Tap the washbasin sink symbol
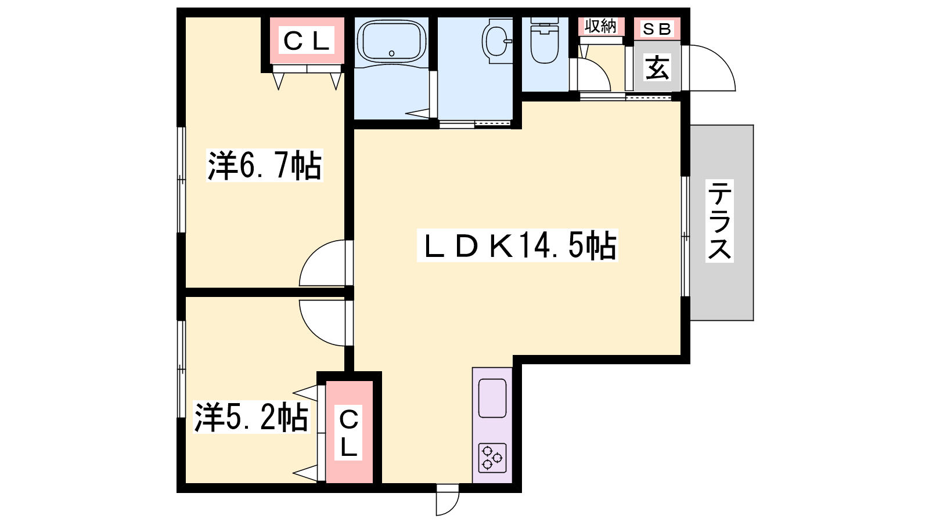[x=497, y=41]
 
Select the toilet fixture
[x=545, y=40]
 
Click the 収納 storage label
[x=600, y=27]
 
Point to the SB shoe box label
[x=657, y=28]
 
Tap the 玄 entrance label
[x=657, y=67]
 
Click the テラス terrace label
[x=719, y=221]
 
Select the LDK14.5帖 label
[x=517, y=245]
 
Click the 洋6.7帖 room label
[x=265, y=165]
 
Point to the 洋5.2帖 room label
[x=251, y=418]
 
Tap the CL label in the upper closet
[x=307, y=40]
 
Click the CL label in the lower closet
[x=349, y=433]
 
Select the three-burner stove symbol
[x=492, y=458]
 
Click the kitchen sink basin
[x=492, y=398]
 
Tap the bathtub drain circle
[x=391, y=53]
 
